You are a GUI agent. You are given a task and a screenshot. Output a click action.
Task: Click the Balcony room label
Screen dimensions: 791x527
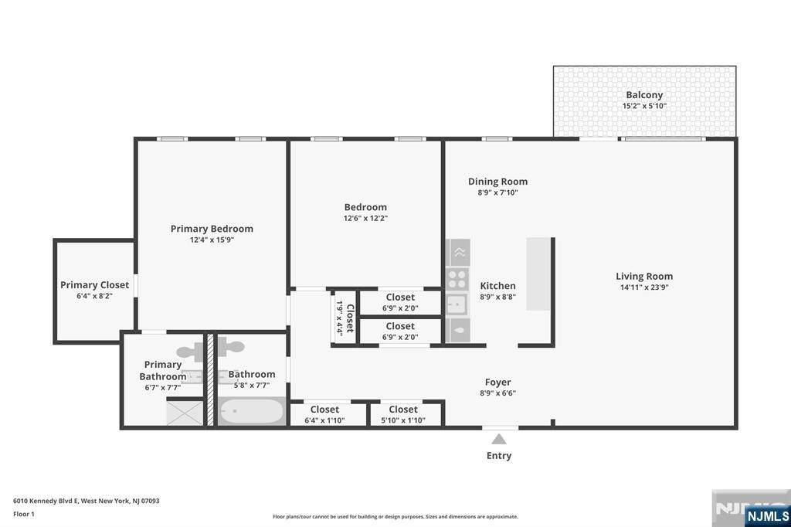(x=644, y=95)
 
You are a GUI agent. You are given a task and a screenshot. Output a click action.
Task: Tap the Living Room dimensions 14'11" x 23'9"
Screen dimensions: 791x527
(x=644, y=287)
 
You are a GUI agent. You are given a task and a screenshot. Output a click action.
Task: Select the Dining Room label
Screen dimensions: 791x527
(x=498, y=182)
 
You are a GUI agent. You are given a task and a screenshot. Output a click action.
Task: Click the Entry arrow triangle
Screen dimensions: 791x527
(x=499, y=439)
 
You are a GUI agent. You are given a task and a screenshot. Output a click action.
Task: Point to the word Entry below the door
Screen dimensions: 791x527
(x=499, y=455)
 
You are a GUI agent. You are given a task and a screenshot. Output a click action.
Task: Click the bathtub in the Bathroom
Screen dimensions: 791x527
(x=252, y=411)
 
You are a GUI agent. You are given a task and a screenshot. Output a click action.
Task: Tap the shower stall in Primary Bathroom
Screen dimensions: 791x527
(x=185, y=413)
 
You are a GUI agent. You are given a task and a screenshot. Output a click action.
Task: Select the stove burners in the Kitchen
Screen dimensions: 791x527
(x=457, y=279)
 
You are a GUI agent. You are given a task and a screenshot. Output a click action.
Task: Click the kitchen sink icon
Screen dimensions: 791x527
(x=457, y=304)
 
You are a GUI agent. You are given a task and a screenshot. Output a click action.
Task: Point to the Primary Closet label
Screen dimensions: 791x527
(x=95, y=284)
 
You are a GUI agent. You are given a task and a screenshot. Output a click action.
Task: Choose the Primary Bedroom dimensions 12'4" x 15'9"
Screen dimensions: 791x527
(x=212, y=240)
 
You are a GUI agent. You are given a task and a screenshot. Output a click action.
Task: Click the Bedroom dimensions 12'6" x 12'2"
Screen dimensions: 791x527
(x=365, y=219)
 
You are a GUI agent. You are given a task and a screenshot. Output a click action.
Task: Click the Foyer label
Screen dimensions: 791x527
(x=498, y=382)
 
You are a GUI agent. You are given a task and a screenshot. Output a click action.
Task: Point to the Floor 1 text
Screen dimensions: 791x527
(x=24, y=514)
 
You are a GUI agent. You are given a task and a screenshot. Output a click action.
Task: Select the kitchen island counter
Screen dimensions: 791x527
(x=538, y=274)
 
